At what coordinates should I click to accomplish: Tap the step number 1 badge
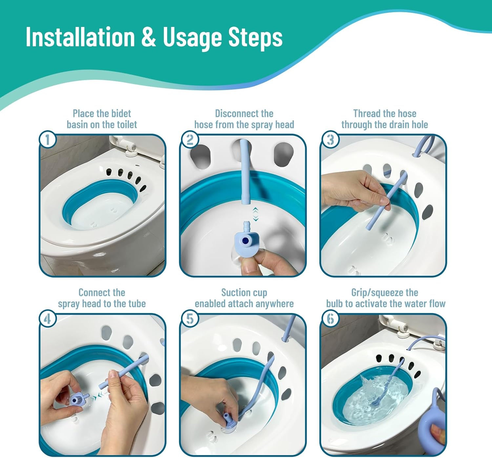point(48,140)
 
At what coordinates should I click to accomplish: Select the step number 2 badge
point(190,140)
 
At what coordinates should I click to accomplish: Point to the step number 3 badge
point(331,140)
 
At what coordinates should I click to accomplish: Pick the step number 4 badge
point(48,319)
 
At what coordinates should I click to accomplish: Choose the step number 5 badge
point(190,319)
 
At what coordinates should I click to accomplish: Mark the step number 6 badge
point(331,319)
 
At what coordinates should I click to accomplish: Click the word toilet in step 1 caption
point(127,124)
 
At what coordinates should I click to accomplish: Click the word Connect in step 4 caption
point(92,292)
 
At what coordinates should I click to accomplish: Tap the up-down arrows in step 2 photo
point(256,215)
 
